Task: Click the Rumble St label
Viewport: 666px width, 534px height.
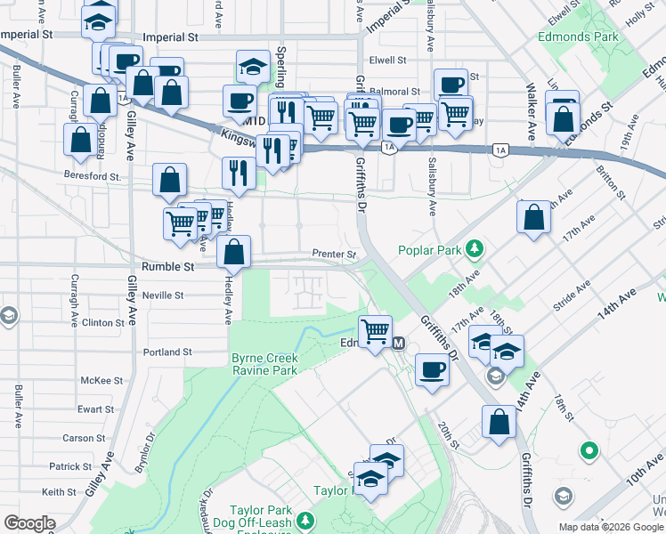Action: click(167, 266)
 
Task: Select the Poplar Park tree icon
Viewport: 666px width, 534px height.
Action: click(475, 249)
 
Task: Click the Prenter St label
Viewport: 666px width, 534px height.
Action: click(334, 255)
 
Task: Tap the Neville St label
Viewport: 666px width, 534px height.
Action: click(162, 295)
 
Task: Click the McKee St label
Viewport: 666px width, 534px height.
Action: click(101, 380)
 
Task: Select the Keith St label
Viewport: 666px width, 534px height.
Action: click(59, 492)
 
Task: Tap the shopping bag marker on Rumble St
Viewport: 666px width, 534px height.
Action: click(234, 253)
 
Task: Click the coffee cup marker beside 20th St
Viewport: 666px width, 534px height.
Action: click(433, 368)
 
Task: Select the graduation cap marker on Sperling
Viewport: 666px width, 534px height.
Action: click(253, 66)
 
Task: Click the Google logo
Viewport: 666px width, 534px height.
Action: click(29, 523)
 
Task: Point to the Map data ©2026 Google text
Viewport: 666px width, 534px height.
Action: click(610, 527)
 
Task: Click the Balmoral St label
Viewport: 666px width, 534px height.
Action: click(395, 91)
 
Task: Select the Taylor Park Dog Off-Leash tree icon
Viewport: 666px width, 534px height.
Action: click(305, 520)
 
